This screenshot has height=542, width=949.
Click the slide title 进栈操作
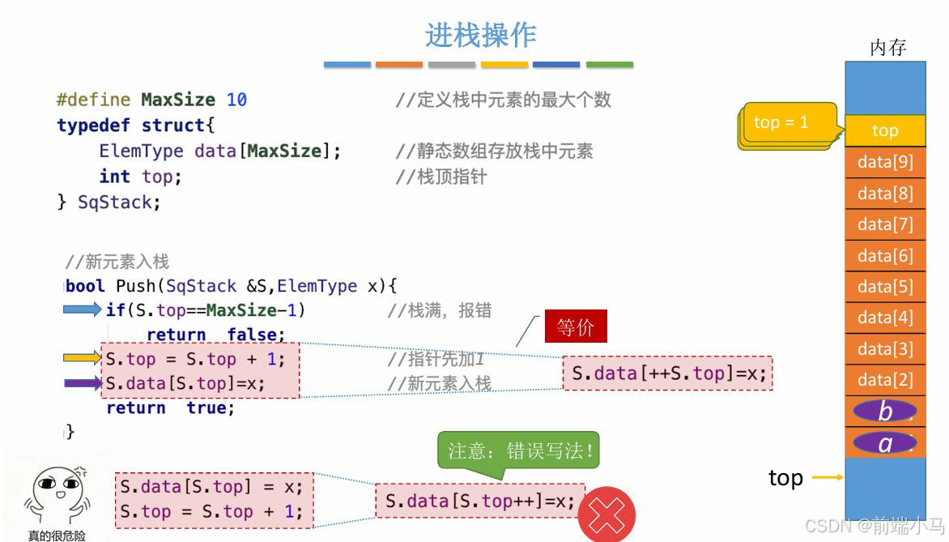(x=481, y=36)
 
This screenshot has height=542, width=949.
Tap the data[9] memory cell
(x=885, y=162)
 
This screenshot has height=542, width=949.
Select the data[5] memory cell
(x=885, y=287)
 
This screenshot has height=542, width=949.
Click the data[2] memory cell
(x=885, y=380)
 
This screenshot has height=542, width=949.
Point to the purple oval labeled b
(x=885, y=412)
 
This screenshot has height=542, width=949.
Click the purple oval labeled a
(x=885, y=443)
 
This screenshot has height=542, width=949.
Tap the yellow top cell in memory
(x=885, y=130)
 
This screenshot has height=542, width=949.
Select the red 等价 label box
(x=576, y=327)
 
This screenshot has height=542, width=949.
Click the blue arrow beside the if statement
(x=83, y=309)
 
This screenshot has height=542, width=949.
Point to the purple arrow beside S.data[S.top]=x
(x=83, y=383)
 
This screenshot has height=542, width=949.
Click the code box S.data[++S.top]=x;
(x=668, y=373)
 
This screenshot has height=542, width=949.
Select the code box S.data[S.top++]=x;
(x=479, y=501)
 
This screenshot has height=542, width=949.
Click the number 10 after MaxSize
(x=236, y=100)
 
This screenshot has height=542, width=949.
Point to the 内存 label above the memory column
(x=887, y=48)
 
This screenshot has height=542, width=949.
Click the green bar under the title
(x=609, y=65)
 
